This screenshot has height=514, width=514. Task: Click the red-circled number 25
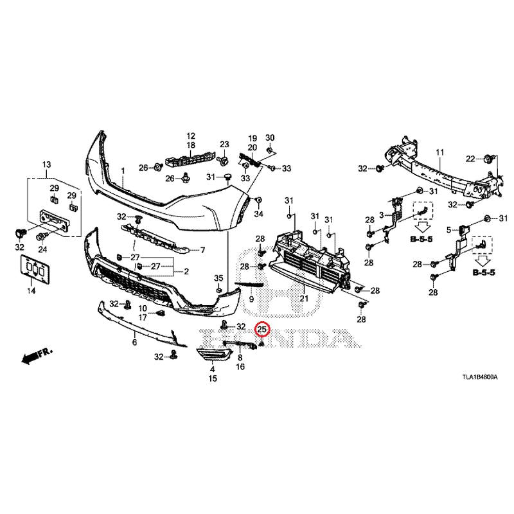(262, 330)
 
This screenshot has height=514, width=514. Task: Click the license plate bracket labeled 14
(32, 270)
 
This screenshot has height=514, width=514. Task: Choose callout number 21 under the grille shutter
(303, 297)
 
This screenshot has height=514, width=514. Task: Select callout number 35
(218, 278)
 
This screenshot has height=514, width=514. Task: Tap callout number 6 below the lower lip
(135, 342)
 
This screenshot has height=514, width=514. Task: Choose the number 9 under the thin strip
(251, 299)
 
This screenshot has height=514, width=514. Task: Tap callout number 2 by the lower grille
(186, 271)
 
